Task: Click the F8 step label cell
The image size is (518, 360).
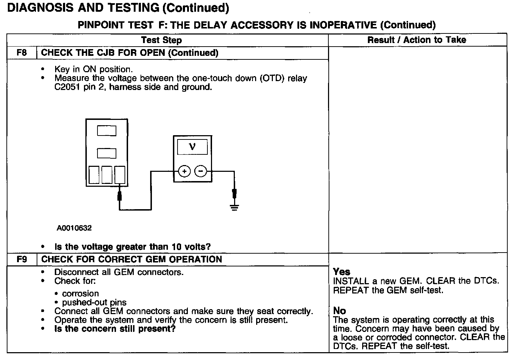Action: coord(22,53)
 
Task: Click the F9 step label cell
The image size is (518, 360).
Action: coord(22,259)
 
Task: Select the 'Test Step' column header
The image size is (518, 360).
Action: coord(161,40)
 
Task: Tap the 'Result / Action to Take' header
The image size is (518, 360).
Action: coord(417,40)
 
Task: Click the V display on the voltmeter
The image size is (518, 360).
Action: coord(192,147)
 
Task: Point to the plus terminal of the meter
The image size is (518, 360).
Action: coord(184,171)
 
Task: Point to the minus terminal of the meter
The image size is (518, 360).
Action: coord(201,171)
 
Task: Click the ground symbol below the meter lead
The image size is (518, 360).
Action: coord(234,207)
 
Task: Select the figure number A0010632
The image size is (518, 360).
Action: coord(74,228)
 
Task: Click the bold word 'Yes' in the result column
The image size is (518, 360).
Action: coord(342,272)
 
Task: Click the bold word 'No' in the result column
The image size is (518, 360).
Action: coord(339,311)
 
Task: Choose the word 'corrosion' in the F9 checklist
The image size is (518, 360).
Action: coord(80,293)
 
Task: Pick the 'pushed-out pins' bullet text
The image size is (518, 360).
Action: coord(94,302)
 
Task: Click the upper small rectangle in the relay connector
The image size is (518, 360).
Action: coord(107,131)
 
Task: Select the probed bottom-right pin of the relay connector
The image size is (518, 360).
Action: coord(120,175)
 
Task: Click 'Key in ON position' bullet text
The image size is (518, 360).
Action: coord(94,69)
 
